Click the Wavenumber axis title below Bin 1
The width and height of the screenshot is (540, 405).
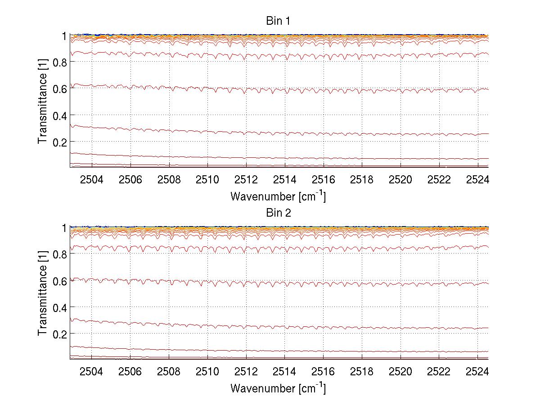click(x=278, y=196)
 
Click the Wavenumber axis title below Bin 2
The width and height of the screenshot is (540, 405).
click(x=278, y=388)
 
